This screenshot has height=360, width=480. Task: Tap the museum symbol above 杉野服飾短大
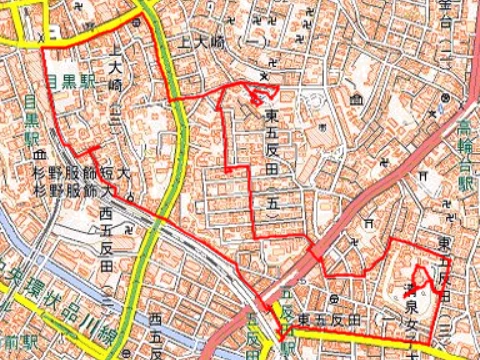(40, 156)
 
